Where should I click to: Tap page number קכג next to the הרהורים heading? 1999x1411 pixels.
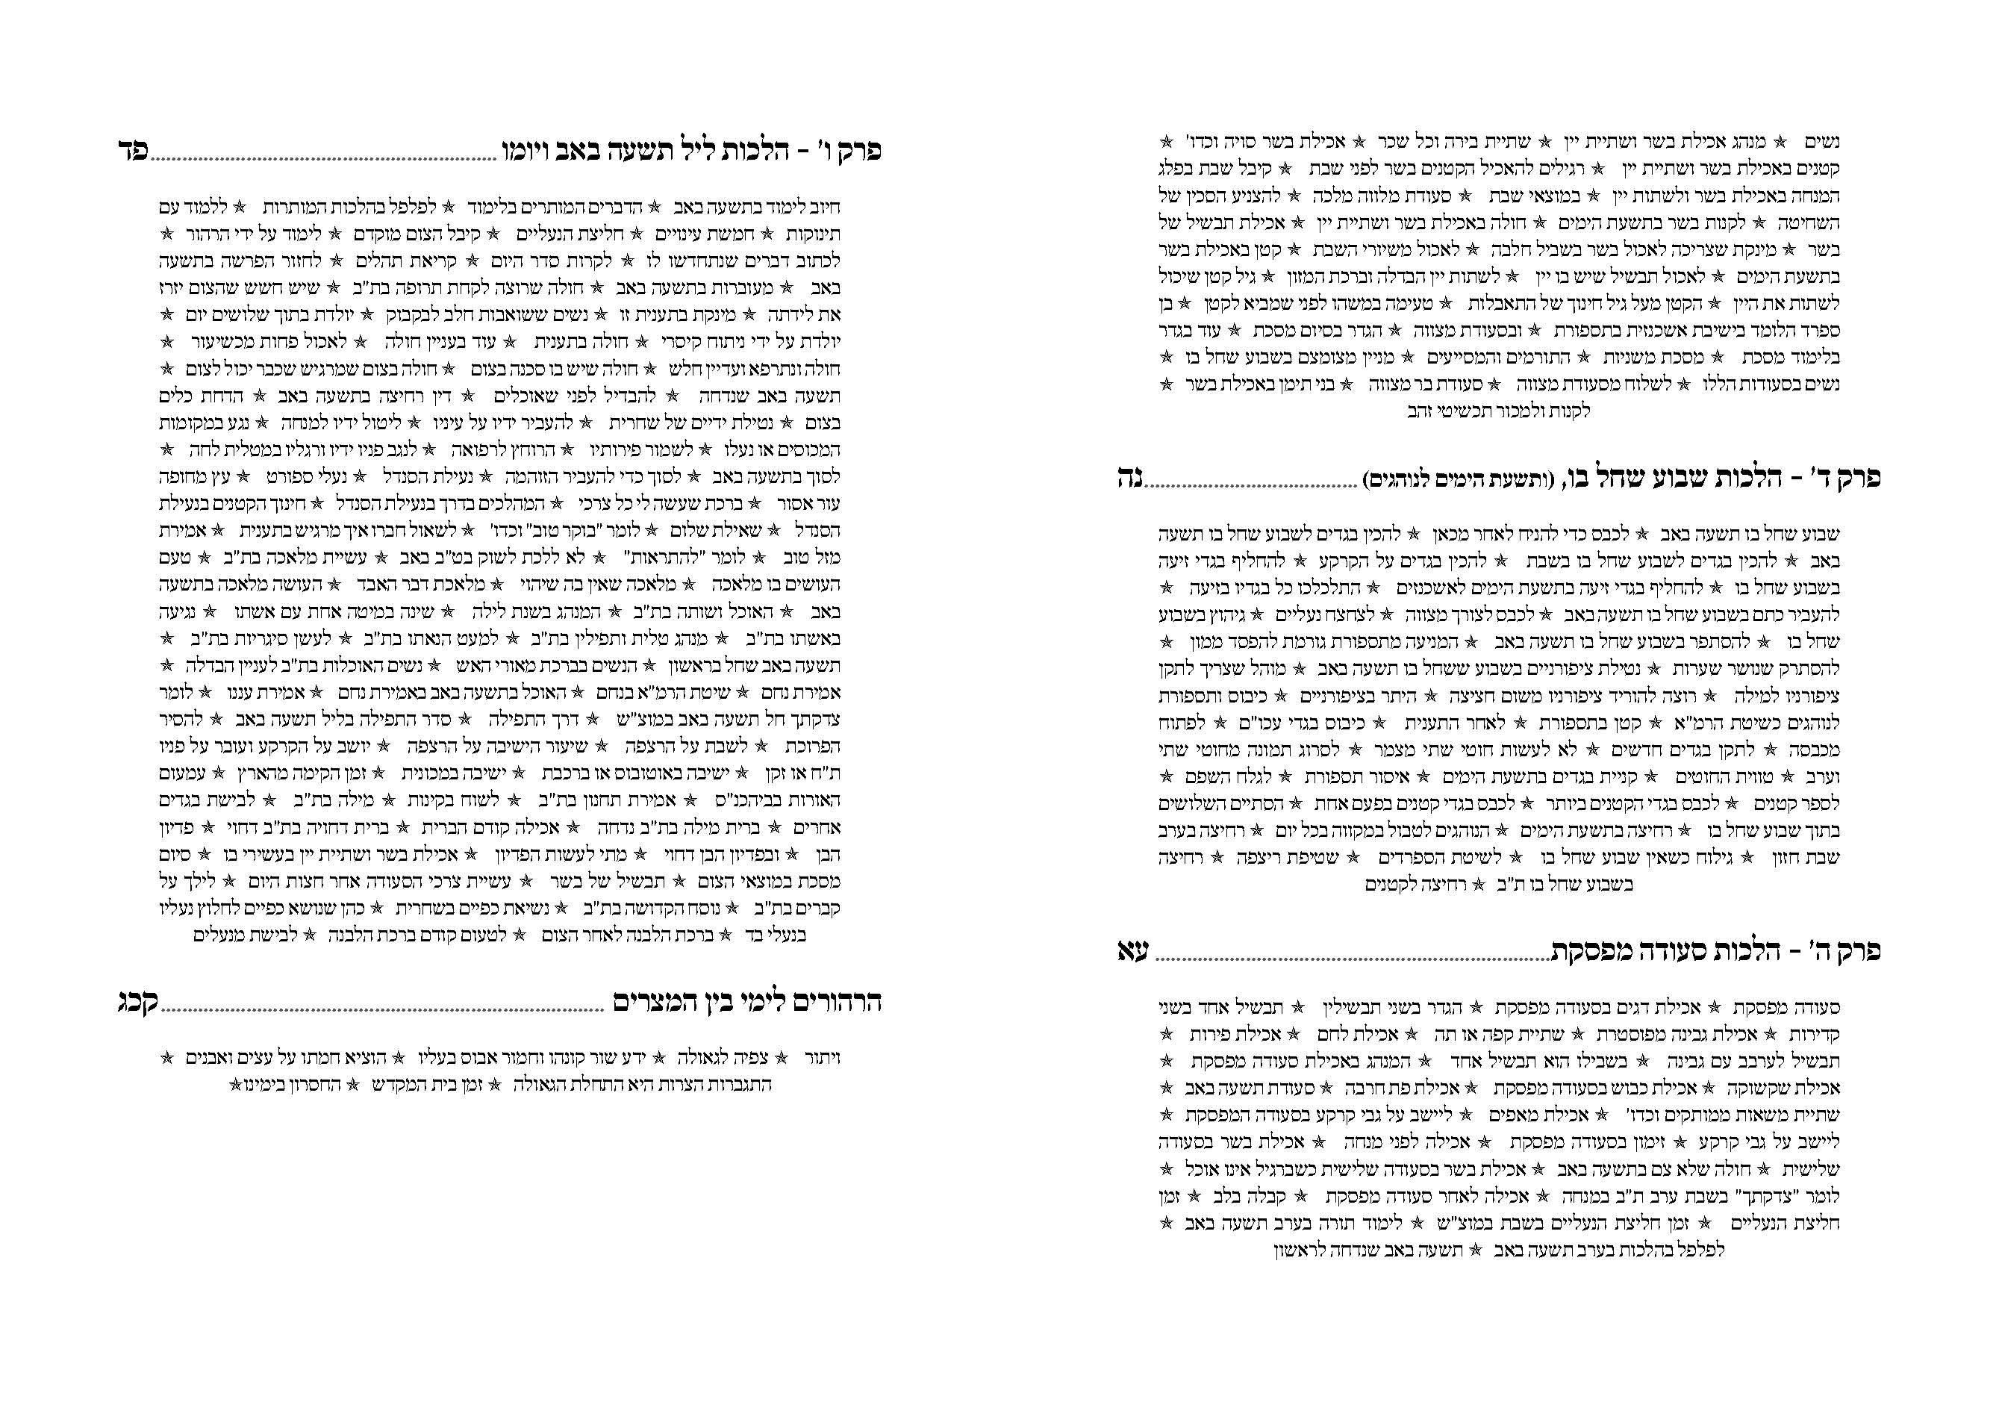137,1003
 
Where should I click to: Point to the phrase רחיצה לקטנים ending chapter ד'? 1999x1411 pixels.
1414,885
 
